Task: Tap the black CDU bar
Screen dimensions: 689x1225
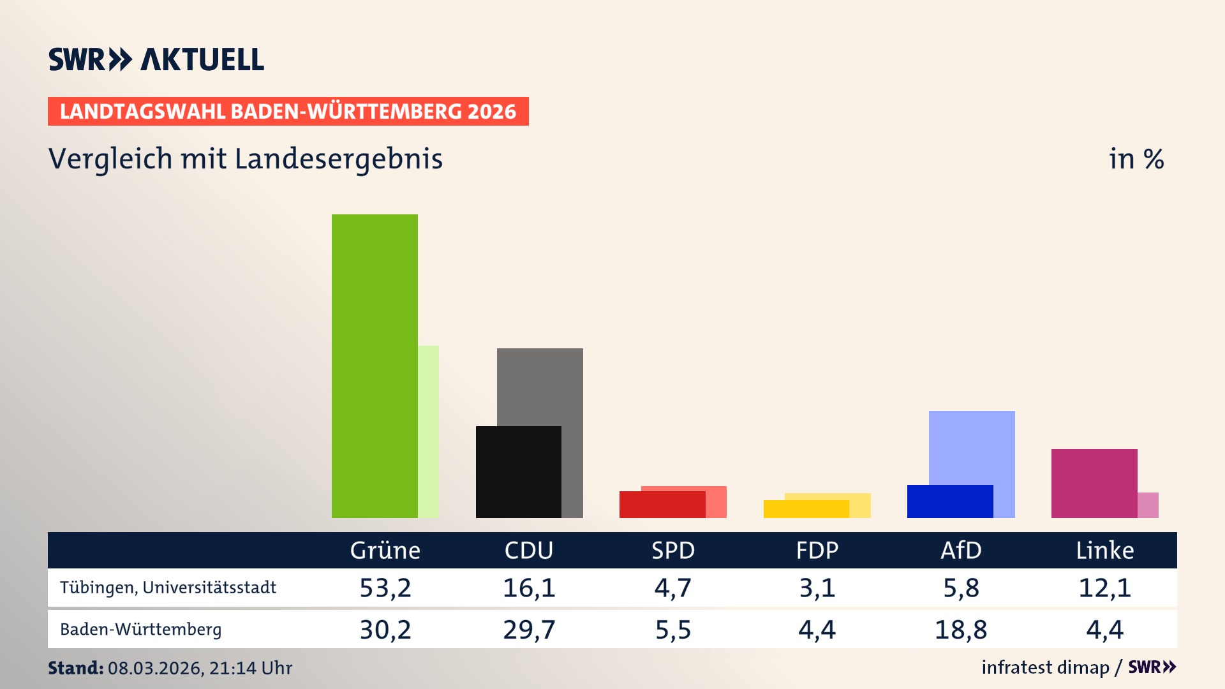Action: (x=518, y=471)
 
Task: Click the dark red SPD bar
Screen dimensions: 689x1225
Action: (x=662, y=505)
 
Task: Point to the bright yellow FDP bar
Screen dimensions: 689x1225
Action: (x=806, y=509)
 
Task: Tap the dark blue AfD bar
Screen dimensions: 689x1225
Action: (x=949, y=501)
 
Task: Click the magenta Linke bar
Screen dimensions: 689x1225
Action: (x=1094, y=483)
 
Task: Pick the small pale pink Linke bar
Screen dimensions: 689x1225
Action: (x=1148, y=505)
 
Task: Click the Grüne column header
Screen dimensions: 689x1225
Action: (x=385, y=551)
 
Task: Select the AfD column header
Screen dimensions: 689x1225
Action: (x=961, y=551)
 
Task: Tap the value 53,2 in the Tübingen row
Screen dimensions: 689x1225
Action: (x=385, y=588)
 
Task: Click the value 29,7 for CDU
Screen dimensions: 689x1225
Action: (x=529, y=630)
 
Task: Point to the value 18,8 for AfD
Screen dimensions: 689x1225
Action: (x=961, y=630)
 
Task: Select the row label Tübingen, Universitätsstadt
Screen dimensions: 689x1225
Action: (x=168, y=588)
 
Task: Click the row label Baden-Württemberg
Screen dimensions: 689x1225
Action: (x=140, y=630)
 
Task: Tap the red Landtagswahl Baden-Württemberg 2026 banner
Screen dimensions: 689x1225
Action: (x=288, y=112)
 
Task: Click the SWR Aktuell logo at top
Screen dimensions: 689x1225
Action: (x=156, y=59)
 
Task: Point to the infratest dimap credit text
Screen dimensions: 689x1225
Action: (x=1045, y=667)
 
